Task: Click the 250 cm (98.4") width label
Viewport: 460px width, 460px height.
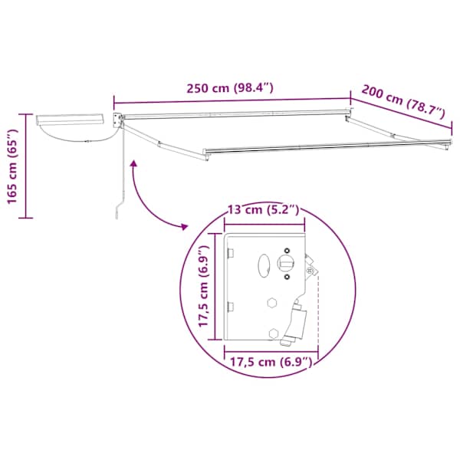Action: (230, 87)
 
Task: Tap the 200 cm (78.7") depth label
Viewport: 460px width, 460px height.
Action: (404, 102)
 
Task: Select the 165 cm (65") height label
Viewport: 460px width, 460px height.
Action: (12, 166)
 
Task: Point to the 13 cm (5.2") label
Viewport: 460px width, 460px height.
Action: (264, 210)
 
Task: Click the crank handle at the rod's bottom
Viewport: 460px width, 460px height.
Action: (119, 207)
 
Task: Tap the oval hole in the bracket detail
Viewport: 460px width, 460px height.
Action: (264, 265)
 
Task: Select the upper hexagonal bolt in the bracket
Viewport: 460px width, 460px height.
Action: (272, 303)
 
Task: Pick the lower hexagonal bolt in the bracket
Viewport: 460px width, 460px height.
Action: (274, 333)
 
